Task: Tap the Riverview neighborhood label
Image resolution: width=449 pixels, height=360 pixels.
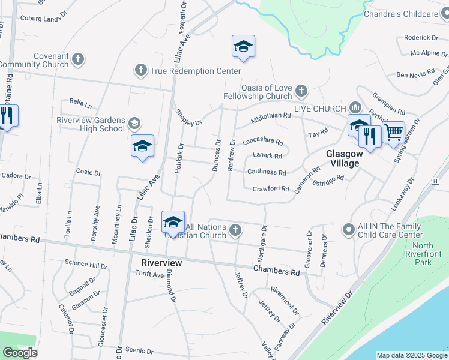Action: [x=161, y=263]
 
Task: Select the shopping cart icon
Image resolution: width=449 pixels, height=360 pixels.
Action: [x=393, y=132]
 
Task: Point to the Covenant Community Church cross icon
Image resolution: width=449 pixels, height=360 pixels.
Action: [x=78, y=59]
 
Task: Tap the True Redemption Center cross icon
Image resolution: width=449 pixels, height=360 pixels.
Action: [x=141, y=71]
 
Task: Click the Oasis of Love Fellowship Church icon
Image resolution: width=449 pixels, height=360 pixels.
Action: [x=301, y=91]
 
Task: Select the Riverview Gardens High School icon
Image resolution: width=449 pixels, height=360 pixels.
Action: [x=134, y=124]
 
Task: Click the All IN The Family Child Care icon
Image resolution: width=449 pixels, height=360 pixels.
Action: [x=348, y=229]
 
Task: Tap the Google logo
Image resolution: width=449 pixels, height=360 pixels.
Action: [x=20, y=353]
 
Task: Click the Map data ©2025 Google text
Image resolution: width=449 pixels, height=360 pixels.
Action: [x=411, y=355]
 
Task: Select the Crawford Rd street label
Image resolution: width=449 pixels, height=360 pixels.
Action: [x=271, y=188]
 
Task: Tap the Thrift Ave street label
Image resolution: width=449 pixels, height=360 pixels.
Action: [x=149, y=274]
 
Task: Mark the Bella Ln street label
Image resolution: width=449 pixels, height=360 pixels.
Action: [x=79, y=103]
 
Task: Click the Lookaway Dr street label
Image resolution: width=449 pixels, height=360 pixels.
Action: [x=403, y=193]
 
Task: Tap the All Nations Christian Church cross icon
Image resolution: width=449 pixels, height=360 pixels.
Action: [x=236, y=229]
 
